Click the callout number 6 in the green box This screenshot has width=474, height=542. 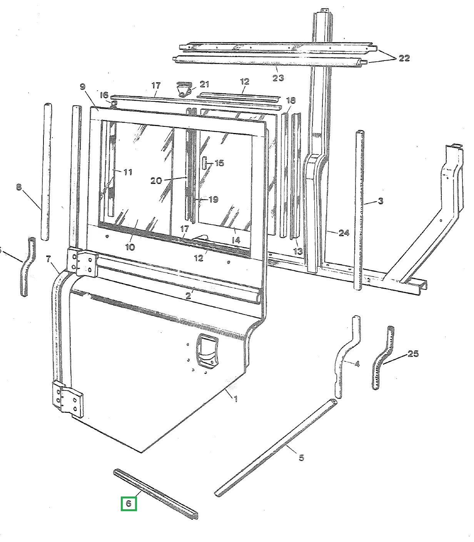129,503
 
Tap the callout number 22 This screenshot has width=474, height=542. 404,58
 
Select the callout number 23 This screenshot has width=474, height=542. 278,78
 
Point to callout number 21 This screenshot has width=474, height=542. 204,84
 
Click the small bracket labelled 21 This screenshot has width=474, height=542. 184,89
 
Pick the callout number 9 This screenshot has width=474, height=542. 82,87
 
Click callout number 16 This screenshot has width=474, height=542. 104,95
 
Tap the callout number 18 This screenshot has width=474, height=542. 291,100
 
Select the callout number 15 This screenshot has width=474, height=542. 219,163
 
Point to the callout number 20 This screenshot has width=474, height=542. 156,181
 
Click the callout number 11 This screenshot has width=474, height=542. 128,172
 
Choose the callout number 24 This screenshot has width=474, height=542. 344,233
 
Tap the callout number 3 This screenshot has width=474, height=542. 381,200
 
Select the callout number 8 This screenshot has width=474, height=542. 19,187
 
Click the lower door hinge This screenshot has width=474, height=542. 68,400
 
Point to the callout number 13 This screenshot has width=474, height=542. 298,251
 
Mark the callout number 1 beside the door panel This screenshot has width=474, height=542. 235,399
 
